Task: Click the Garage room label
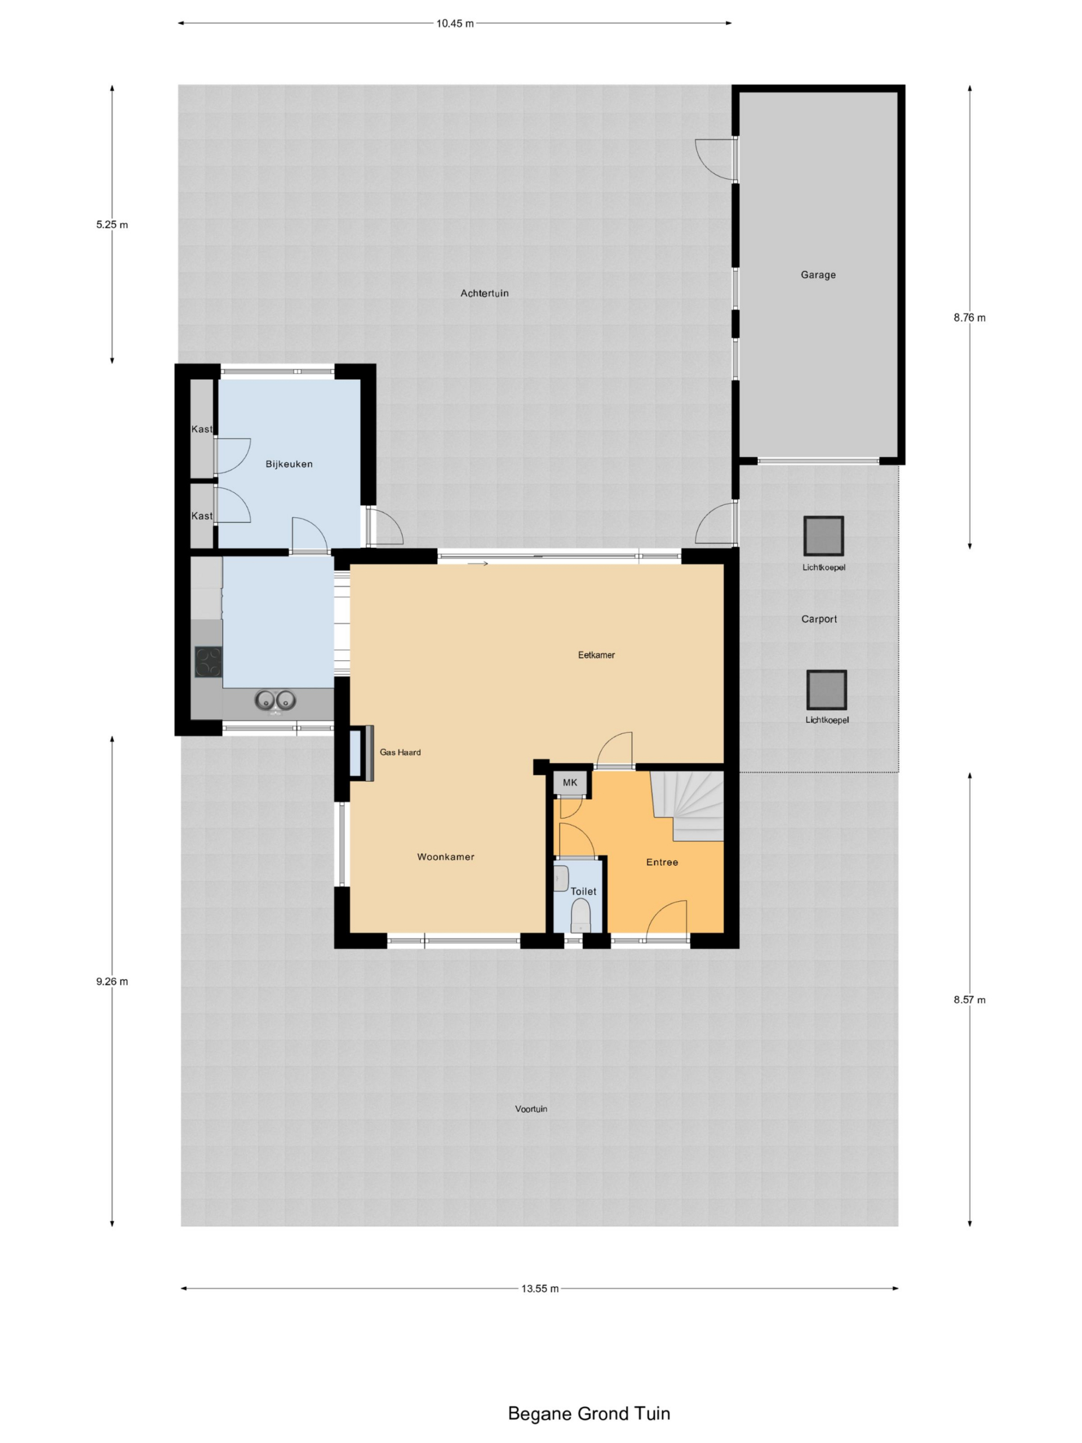point(818,275)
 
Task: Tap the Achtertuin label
point(484,293)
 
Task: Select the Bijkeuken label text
point(289,464)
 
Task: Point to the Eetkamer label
point(596,654)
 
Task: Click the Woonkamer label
point(445,857)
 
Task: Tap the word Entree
point(662,862)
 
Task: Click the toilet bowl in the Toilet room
point(580,915)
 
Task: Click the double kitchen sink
point(274,700)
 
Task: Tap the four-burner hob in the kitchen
point(208,662)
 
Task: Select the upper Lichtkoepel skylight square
point(823,536)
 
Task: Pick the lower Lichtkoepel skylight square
point(826,689)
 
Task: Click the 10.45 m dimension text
point(455,24)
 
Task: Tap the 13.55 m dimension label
point(539,1289)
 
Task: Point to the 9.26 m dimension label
point(112,981)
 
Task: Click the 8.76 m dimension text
point(969,318)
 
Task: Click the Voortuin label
point(531,1108)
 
